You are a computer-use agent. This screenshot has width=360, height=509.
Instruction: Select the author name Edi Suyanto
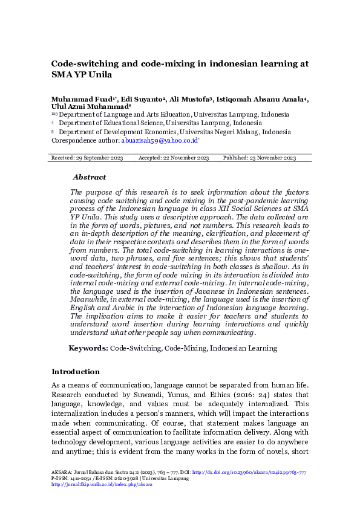pyautogui.click(x=139, y=99)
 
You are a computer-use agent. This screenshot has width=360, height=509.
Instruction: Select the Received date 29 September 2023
pyautogui.click(x=86, y=157)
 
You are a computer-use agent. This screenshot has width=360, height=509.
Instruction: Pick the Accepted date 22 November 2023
pyautogui.click(x=174, y=157)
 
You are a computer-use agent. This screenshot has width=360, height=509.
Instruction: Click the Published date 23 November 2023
pyautogui.click(x=260, y=157)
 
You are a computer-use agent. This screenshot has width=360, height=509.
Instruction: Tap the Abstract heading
pyautogui.click(x=89, y=177)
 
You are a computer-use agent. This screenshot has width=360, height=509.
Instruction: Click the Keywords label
pyautogui.click(x=88, y=348)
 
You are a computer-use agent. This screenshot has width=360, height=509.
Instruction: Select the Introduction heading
pyautogui.click(x=76, y=372)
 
